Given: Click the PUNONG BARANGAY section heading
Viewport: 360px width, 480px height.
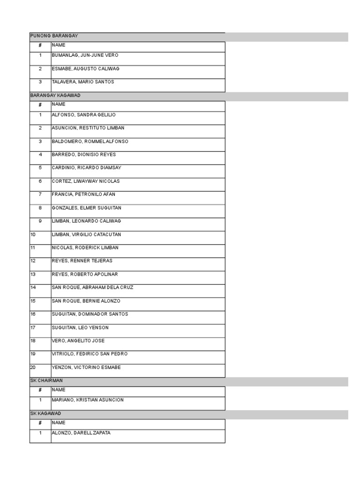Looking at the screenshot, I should [x=54, y=36].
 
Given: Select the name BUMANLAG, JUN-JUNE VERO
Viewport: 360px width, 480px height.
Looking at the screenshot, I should [x=85, y=55].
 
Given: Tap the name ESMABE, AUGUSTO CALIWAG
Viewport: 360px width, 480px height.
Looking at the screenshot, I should [x=85, y=69].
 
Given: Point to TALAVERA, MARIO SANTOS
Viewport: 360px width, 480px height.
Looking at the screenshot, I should [x=82, y=82].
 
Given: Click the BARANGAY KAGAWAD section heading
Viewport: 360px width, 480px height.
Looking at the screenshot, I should [x=55, y=96].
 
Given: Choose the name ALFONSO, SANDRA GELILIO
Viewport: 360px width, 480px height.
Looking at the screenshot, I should [x=83, y=115].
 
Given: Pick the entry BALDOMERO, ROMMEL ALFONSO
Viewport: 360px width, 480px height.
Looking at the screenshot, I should [x=90, y=142].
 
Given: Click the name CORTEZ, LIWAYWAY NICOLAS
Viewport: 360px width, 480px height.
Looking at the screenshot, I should [x=85, y=181].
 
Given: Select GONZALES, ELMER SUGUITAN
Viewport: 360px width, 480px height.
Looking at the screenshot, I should [x=86, y=208].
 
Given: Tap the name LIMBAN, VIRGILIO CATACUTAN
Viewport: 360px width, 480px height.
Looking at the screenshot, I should [x=86, y=234].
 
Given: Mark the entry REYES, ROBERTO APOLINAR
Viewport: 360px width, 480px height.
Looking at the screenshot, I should [x=84, y=274].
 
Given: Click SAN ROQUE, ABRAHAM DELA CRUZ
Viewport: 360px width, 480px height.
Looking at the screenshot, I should [x=92, y=287].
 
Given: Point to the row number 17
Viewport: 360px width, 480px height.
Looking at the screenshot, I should [x=33, y=328].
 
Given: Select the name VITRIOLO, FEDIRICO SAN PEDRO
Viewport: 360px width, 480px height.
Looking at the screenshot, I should [x=90, y=354].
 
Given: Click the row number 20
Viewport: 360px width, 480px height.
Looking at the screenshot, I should [x=33, y=367].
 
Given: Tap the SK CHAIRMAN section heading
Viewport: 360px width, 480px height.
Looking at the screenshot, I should [x=46, y=381].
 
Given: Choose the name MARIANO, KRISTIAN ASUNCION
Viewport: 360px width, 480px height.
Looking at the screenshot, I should [x=88, y=400].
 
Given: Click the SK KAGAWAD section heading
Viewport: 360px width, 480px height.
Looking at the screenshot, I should [x=45, y=413].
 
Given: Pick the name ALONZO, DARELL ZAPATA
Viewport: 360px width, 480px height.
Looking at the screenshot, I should [x=81, y=433].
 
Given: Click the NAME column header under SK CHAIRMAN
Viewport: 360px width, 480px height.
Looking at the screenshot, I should [x=59, y=390].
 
